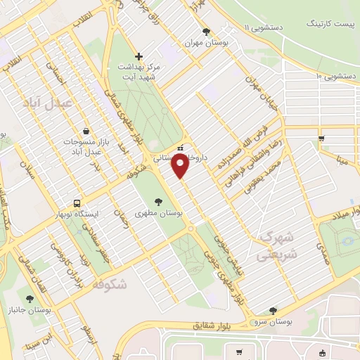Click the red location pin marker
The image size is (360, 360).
click(x=180, y=165)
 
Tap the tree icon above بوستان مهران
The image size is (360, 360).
click(x=206, y=32)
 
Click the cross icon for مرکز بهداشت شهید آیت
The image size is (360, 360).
click(x=139, y=56)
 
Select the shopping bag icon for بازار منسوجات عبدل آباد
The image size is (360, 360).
click(x=86, y=131)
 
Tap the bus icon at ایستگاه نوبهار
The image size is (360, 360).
click(x=78, y=203)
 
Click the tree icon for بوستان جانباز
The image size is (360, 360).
click(x=29, y=300)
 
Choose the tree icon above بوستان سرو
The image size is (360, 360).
click(x=272, y=311)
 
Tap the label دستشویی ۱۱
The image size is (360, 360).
click(x=266, y=27)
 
